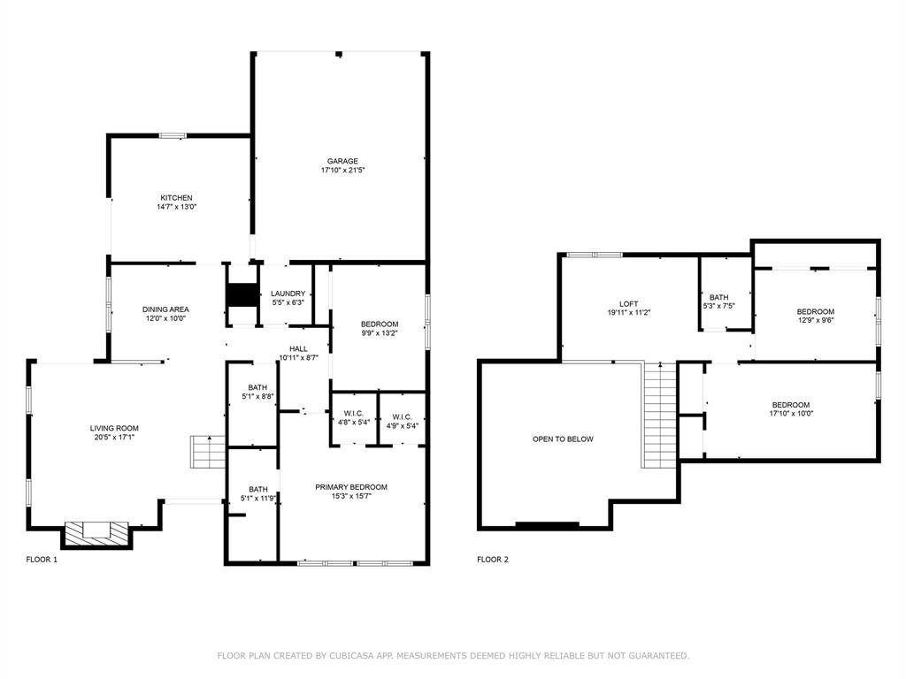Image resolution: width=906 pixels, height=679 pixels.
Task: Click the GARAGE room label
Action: pyautogui.click(x=342, y=161)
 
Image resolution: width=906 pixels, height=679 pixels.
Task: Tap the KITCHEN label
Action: pyautogui.click(x=176, y=198)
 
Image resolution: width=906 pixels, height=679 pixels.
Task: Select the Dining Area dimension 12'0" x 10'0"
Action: pyautogui.click(x=165, y=319)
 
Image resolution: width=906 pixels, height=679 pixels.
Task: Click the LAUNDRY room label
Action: pyautogui.click(x=288, y=294)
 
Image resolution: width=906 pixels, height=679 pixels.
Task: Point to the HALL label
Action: pyautogui.click(x=298, y=348)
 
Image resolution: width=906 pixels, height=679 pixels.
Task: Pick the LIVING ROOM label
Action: pyautogui.click(x=114, y=428)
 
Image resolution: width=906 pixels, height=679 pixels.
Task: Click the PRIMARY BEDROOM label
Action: pyautogui.click(x=351, y=487)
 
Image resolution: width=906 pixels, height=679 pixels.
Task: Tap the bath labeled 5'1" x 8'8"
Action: pyautogui.click(x=257, y=397)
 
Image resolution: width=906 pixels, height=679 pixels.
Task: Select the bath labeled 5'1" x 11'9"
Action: pyautogui.click(x=257, y=499)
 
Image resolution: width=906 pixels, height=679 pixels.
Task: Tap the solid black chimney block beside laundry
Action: pyautogui.click(x=240, y=294)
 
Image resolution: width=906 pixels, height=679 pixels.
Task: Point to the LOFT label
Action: pyautogui.click(x=628, y=304)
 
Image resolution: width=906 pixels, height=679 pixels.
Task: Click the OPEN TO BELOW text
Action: pyautogui.click(x=563, y=439)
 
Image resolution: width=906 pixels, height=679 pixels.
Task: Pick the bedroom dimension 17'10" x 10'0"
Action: pyautogui.click(x=791, y=413)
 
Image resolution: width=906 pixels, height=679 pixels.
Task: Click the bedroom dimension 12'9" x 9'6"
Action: pyautogui.click(x=815, y=321)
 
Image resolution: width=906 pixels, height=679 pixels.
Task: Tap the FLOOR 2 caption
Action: pyautogui.click(x=493, y=560)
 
